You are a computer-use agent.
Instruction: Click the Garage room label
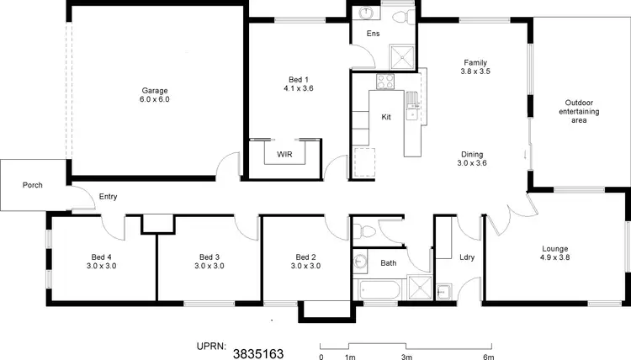[x=155, y=90]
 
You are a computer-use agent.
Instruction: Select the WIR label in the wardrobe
[x=284, y=155]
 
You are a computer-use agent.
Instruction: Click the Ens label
[x=373, y=34]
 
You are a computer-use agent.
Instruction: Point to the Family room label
[x=475, y=62]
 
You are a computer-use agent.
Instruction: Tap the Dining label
[x=472, y=154]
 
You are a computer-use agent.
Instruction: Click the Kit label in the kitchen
[x=386, y=116]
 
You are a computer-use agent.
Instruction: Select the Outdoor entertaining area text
[x=581, y=112]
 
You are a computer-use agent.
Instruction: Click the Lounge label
[x=555, y=249]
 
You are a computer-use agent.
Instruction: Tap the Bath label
[x=388, y=262]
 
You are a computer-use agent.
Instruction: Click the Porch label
[x=33, y=185]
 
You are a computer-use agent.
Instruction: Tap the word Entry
[x=108, y=197]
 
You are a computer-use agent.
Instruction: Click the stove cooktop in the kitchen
[x=384, y=82]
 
